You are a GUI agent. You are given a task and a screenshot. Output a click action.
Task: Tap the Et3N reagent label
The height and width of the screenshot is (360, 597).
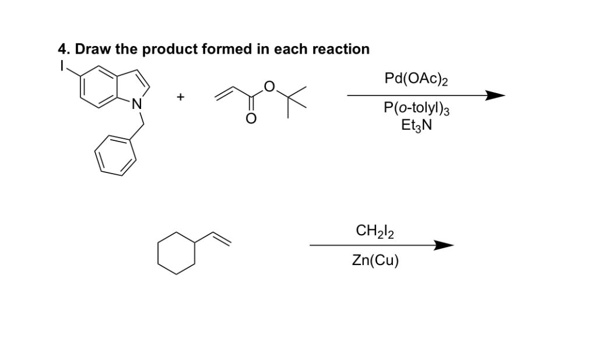pos(416,125)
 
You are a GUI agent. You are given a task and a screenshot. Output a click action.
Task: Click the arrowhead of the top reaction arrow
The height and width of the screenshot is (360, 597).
pos(494,96)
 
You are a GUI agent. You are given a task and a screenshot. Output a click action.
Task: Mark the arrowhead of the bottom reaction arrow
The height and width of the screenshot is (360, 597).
pos(443,245)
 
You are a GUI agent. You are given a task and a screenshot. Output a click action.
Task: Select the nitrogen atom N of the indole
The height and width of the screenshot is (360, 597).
pos(136,105)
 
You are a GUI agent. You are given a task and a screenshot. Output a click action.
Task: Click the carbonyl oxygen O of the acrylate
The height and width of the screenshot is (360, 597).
pos(251,118)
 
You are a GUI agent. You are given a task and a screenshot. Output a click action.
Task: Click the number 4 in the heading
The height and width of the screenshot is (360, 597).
pos(63,50)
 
